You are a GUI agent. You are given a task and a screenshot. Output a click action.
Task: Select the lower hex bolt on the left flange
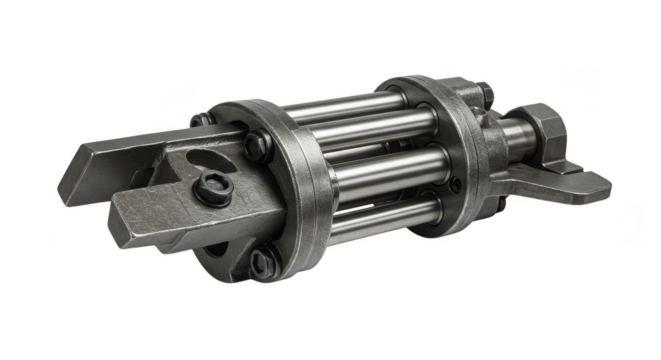(x=262, y=264)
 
